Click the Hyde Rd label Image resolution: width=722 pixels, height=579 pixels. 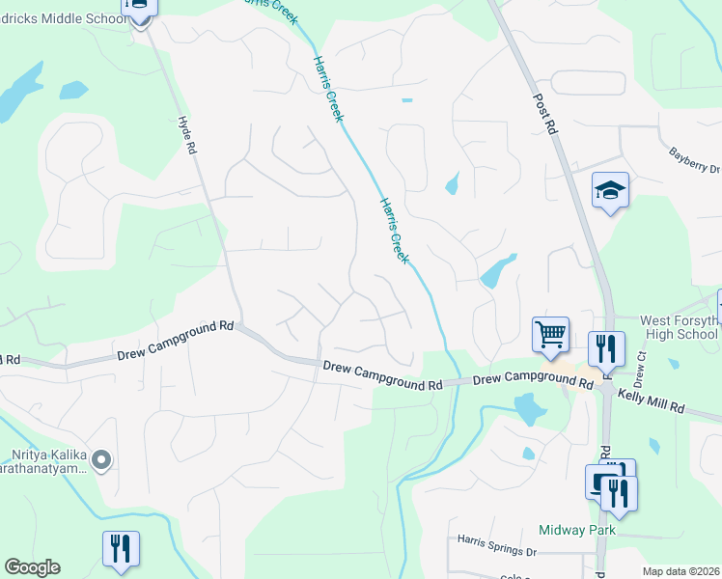(188, 136)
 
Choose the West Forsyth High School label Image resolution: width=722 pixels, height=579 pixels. (680, 327)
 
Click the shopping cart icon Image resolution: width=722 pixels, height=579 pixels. (550, 334)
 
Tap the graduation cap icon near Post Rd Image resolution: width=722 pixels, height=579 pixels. (610, 190)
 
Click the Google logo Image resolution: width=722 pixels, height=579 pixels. (32, 567)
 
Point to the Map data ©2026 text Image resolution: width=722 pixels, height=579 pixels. (680, 571)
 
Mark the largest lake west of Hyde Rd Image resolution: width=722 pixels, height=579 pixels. (21, 90)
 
